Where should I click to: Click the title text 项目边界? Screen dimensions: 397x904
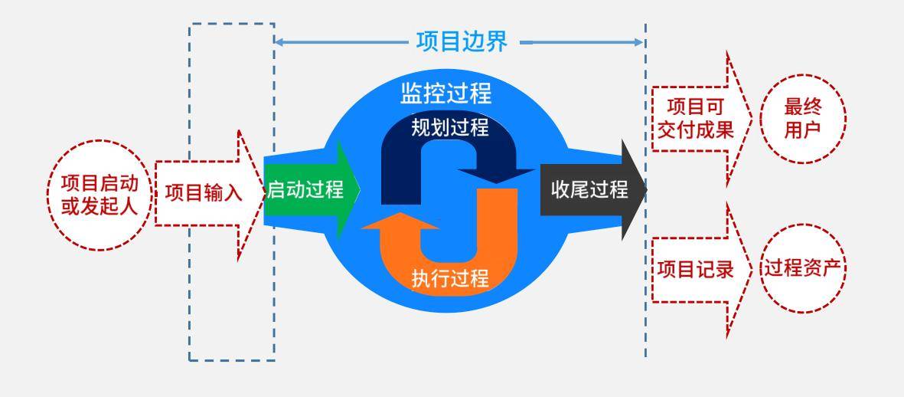coord(462,41)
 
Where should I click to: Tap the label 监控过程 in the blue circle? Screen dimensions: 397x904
coord(445,94)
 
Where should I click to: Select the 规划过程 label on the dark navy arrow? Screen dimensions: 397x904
coord(449,127)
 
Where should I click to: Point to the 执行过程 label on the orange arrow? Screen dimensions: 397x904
coord(449,277)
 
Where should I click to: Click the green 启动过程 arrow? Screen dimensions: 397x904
coord(306,190)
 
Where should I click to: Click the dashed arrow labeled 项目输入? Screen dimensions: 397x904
coord(204,193)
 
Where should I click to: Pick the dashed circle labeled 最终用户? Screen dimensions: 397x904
coord(802,118)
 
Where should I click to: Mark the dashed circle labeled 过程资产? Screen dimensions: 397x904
coord(802,270)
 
